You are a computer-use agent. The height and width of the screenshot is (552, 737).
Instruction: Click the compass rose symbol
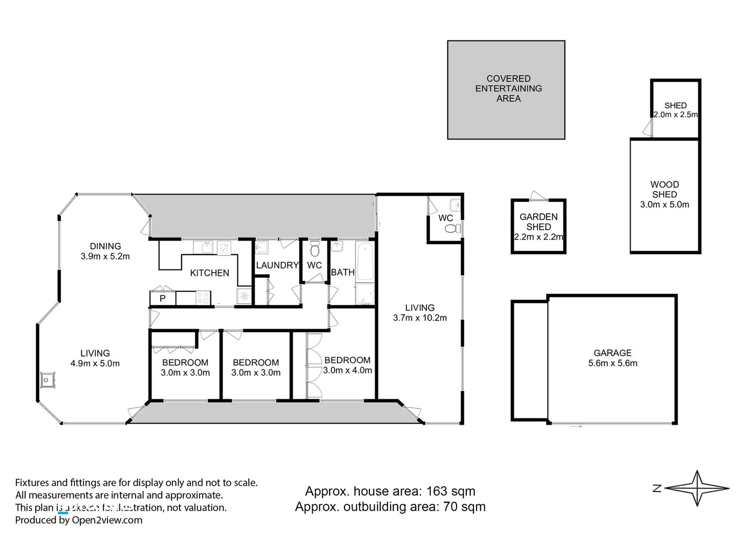click(x=698, y=488)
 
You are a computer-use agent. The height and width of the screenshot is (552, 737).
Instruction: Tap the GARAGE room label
click(x=612, y=353)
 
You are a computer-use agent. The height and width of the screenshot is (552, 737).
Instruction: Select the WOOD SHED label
click(x=664, y=189)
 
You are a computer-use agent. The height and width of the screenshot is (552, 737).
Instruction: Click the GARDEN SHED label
click(x=538, y=222)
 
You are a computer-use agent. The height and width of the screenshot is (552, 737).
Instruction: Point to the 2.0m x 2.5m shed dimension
click(x=676, y=114)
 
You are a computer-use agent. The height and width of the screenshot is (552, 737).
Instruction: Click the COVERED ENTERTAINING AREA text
click(x=508, y=88)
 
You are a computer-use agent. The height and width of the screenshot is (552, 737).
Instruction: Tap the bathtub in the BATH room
click(x=364, y=261)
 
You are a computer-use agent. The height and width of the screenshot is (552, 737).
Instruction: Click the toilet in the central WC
click(x=315, y=251)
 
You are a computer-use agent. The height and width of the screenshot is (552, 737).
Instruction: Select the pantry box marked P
click(x=162, y=298)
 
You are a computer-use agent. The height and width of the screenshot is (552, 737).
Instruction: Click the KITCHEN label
click(x=209, y=273)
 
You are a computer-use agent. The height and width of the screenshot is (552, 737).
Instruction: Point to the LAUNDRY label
click(x=277, y=265)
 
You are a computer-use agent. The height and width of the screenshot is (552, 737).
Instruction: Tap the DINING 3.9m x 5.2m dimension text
click(x=105, y=257)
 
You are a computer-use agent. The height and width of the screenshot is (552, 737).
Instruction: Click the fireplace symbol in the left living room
click(x=47, y=380)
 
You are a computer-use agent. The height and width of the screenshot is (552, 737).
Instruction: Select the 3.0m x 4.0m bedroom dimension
click(x=348, y=371)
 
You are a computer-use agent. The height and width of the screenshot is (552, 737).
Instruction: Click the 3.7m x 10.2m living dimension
click(x=420, y=318)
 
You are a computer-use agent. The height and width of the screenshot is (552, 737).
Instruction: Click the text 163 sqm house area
click(x=451, y=491)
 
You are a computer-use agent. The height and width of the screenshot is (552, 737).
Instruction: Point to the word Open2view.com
click(x=107, y=520)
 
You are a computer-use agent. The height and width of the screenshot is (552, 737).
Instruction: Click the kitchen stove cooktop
click(x=203, y=297)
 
